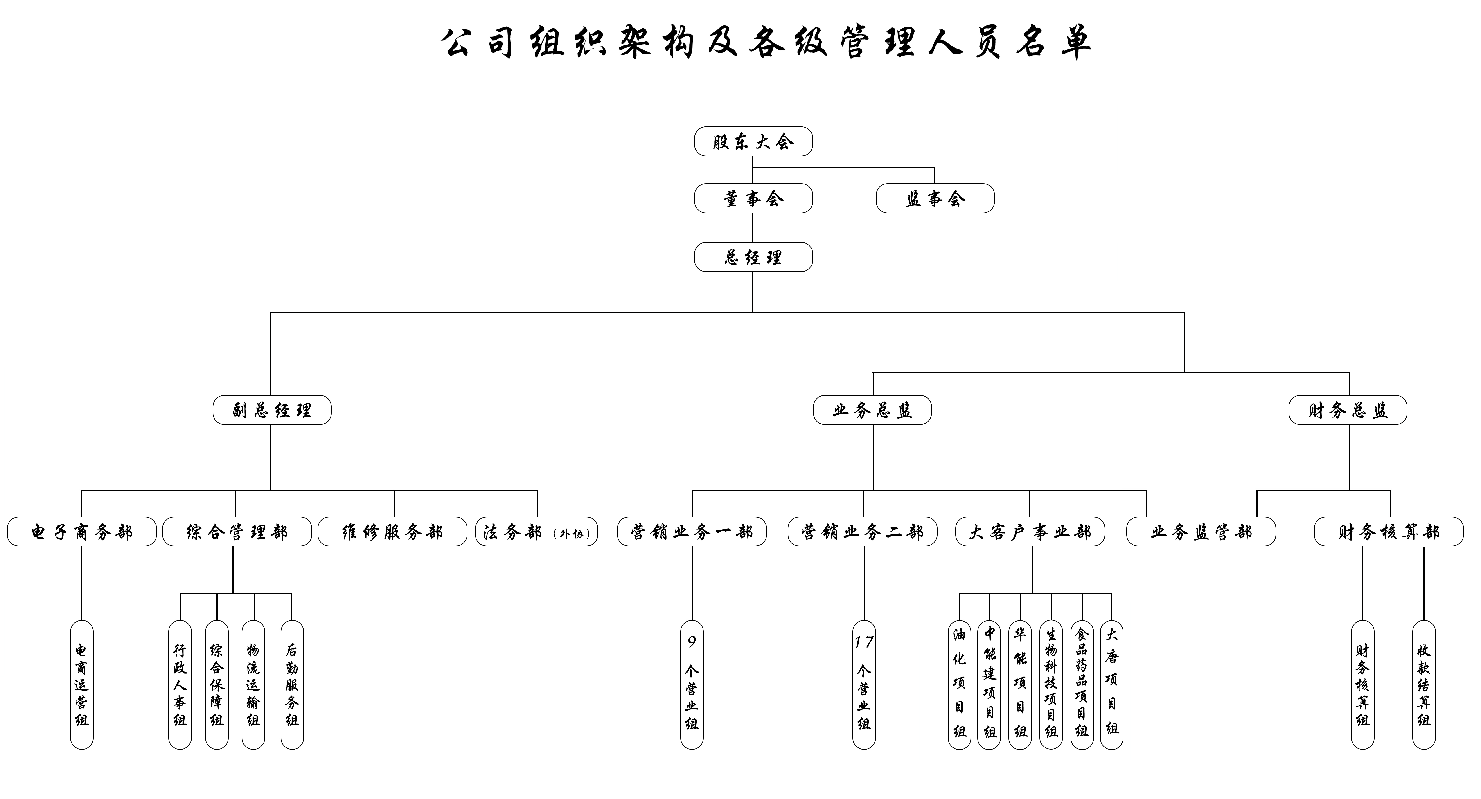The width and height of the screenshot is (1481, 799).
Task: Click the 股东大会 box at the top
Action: point(753,141)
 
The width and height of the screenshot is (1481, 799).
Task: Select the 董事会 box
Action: point(753,198)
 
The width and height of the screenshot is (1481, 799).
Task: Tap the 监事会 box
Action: point(935,198)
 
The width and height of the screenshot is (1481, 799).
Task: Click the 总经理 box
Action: point(753,257)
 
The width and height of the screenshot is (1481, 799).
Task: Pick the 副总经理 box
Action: point(272,410)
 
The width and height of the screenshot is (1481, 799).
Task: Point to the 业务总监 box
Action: point(872,410)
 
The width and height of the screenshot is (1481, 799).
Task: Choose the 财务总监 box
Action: point(1348,410)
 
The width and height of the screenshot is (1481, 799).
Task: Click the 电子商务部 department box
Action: point(82,531)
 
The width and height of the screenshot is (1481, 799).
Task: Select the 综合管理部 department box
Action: point(237,531)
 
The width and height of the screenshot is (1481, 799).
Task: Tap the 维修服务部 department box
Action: point(392,531)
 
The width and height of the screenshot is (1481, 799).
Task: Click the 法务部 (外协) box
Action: point(536,531)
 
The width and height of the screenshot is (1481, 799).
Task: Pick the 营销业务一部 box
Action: point(692,531)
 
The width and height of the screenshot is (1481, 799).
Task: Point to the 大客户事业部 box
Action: point(1030,531)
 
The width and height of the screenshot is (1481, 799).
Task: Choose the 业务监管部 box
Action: point(1201,531)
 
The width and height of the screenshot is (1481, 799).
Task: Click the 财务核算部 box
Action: point(1389,531)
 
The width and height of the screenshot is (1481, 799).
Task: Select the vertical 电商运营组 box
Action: point(82,685)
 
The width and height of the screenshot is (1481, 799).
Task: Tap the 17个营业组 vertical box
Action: point(863,685)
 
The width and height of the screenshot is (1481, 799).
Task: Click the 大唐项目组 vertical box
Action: point(1111,685)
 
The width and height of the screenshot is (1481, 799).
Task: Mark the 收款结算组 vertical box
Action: point(1424,685)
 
